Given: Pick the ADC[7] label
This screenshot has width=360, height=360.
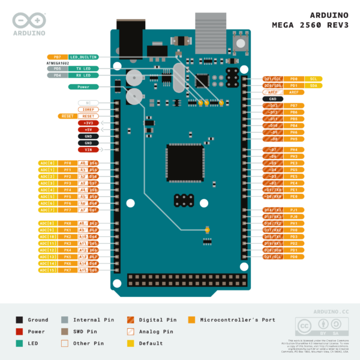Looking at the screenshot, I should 47,210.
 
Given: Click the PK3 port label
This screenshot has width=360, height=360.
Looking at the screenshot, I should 67,243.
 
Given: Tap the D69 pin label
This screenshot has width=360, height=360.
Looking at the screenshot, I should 93,270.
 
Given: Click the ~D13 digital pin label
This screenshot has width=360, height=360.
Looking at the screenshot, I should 273,106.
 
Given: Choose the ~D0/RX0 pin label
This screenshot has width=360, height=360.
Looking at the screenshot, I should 273,196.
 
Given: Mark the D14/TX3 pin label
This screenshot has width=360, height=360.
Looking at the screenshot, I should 273,210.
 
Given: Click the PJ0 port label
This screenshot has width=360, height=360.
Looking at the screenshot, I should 294,217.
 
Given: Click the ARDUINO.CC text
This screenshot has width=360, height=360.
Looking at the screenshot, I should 331,313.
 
